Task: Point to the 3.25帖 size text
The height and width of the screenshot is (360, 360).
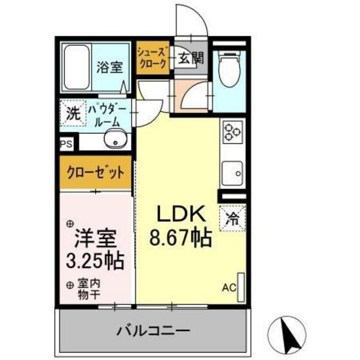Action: point(95,261)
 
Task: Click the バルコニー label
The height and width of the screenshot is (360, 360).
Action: point(152,331)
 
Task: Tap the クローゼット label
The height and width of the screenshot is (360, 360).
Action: point(94,172)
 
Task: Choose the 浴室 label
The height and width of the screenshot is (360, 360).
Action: point(111,67)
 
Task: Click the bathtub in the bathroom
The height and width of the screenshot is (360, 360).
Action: point(78,67)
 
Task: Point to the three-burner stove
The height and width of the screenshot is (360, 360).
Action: point(232,132)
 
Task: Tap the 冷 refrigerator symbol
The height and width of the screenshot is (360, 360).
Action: point(232,217)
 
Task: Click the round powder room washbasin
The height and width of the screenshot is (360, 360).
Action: point(116,139)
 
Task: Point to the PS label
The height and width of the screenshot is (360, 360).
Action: point(67,145)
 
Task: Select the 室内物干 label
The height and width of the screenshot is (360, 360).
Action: point(90,287)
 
